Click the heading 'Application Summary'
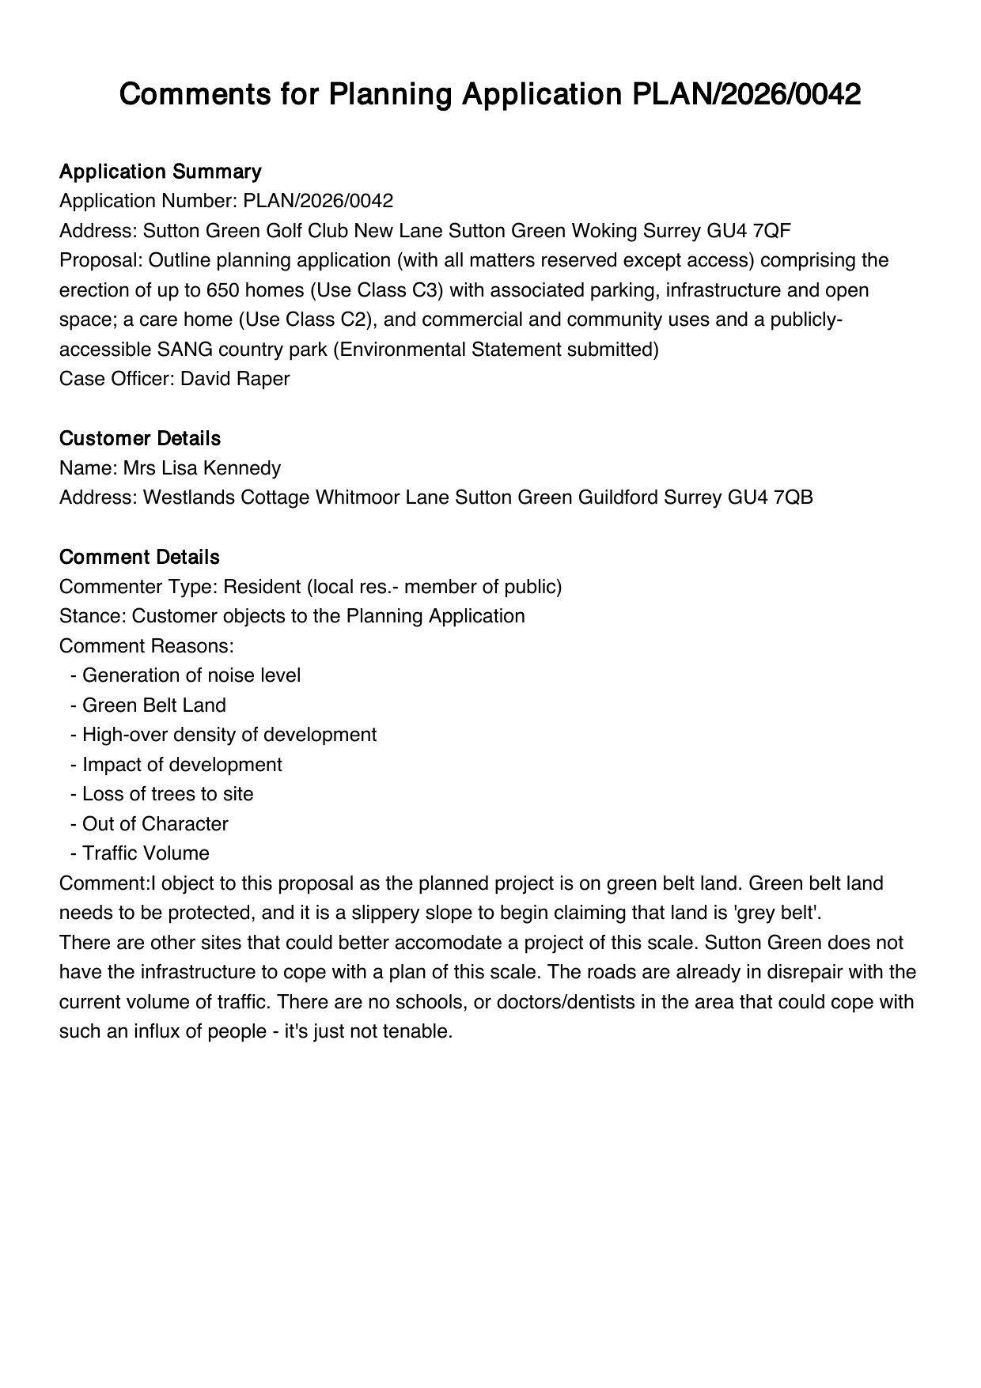[x=160, y=172]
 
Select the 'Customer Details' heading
[x=139, y=439]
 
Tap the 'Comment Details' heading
[x=138, y=558]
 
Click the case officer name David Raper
[x=235, y=379]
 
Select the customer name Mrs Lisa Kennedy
[x=201, y=468]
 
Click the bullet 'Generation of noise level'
[x=191, y=675]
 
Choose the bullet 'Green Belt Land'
[x=153, y=705]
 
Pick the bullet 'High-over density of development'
[x=229, y=735]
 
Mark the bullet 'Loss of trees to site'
[x=168, y=794]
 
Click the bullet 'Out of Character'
[x=155, y=824]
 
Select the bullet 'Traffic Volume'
[x=146, y=853]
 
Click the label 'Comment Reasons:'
[x=146, y=646]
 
